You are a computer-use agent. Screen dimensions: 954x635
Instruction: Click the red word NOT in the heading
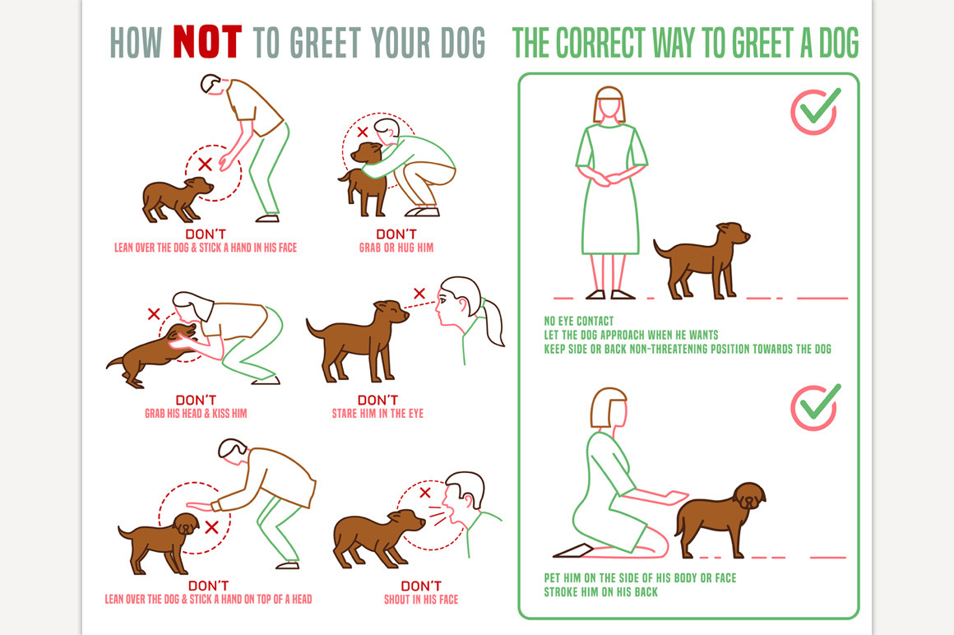point(207,42)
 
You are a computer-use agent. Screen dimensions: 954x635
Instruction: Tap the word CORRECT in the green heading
point(600,43)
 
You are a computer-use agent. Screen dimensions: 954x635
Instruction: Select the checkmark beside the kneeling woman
point(816,406)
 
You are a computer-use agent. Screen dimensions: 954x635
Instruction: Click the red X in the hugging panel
point(363,132)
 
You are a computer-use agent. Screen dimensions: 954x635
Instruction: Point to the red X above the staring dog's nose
point(419,294)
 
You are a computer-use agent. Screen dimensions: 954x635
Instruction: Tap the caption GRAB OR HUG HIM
point(396,248)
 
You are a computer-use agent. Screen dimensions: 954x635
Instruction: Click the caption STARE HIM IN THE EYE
point(377,414)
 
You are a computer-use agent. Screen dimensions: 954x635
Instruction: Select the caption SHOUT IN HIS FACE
point(421,600)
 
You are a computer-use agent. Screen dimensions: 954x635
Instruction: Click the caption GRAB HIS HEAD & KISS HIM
point(196,414)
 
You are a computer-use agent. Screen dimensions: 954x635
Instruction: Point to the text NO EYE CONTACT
point(579,321)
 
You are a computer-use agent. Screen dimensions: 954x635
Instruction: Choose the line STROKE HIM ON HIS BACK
point(601,592)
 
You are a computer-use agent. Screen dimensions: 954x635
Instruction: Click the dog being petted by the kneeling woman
point(720,519)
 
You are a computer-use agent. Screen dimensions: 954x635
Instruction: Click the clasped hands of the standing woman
point(609,178)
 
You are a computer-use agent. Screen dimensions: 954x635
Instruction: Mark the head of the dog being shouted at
point(407,521)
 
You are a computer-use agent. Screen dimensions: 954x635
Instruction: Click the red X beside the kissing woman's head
point(154,314)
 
